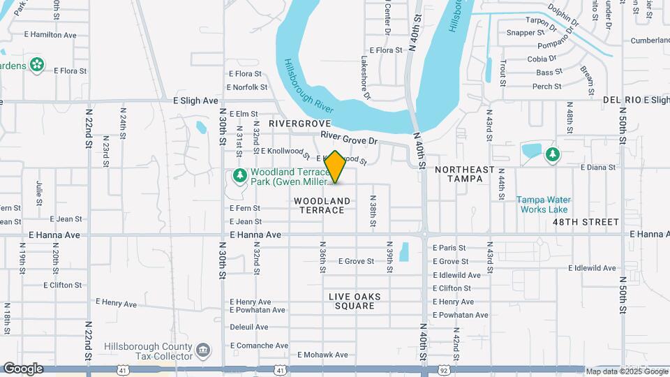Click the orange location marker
pos(336,167)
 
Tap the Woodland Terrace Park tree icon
pos(239,175)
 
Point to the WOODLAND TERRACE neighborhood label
pos(322,205)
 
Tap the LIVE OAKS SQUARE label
pos(355,301)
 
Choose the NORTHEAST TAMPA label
pos(464,174)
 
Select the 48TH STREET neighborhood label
pos(586,222)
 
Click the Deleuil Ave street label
pos(249,327)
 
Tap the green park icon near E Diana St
pos(552,154)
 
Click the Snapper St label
pos(526,32)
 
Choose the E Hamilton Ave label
pos(50,34)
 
